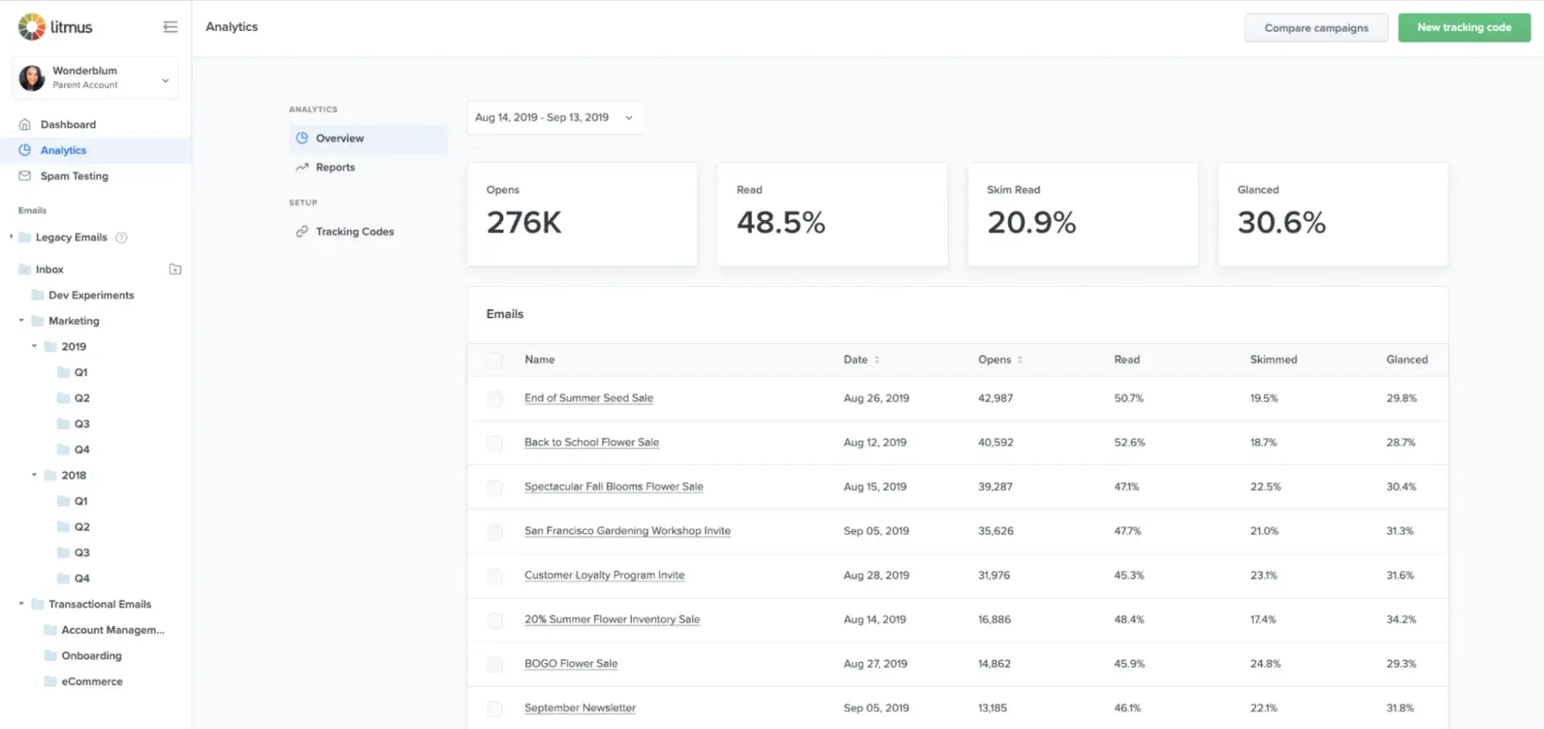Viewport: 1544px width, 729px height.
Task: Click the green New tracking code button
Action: click(x=1464, y=28)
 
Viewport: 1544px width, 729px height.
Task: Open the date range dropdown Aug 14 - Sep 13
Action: click(x=554, y=117)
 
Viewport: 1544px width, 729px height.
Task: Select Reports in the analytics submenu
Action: click(x=334, y=168)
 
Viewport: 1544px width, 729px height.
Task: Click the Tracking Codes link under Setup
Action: click(x=354, y=232)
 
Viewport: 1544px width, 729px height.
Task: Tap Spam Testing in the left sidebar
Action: click(x=74, y=176)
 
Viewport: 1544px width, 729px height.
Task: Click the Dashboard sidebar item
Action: click(x=68, y=124)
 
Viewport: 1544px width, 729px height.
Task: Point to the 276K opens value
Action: click(x=524, y=222)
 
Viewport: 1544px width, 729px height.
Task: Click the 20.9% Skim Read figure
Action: click(x=1031, y=222)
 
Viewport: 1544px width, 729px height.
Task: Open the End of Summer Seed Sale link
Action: click(x=589, y=398)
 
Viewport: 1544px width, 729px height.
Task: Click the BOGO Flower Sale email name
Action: click(x=571, y=663)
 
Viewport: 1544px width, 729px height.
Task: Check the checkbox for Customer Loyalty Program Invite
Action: click(x=494, y=576)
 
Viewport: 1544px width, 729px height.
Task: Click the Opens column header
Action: click(x=995, y=360)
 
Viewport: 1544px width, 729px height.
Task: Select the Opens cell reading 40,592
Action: click(x=996, y=442)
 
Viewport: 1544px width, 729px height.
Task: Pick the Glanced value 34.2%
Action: click(x=1400, y=619)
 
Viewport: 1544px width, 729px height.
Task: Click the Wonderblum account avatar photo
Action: click(x=32, y=78)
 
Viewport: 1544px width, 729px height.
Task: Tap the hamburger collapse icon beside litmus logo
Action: click(x=171, y=27)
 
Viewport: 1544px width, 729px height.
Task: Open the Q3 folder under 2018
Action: click(x=81, y=553)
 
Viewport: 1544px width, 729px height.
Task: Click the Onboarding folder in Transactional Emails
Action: click(x=91, y=656)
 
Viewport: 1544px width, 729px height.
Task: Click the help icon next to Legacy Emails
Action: click(x=121, y=238)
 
